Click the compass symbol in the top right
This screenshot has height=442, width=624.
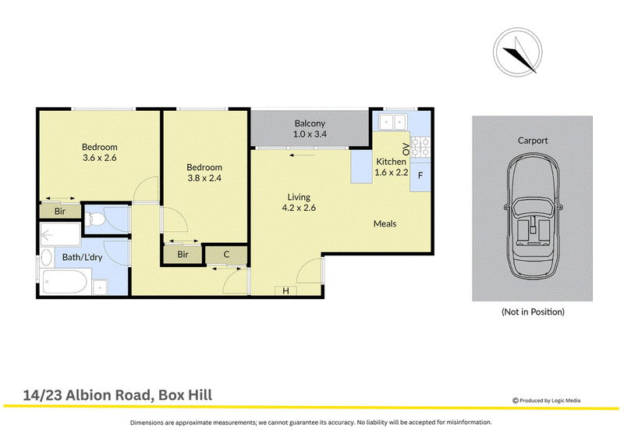[517, 52]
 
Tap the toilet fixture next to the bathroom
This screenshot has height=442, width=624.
[94, 219]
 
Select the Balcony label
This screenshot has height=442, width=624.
[310, 123]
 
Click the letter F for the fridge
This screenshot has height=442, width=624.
[420, 176]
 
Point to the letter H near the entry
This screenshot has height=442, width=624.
[285, 291]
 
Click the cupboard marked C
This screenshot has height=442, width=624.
[226, 255]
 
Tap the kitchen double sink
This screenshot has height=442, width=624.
[392, 122]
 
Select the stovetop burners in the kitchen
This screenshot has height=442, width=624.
[420, 147]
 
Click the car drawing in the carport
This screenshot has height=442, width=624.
[533, 216]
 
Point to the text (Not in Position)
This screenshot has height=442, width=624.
[533, 312]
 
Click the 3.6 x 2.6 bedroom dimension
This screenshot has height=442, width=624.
[100, 158]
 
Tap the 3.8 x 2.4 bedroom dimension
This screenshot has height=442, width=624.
[204, 178]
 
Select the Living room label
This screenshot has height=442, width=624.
[299, 198]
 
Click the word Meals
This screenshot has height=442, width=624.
[385, 223]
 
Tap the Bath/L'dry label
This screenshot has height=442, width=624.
[83, 258]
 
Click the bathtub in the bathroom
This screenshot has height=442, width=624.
[64, 281]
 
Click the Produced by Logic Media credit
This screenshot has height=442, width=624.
[547, 401]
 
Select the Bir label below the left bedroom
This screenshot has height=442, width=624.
[60, 211]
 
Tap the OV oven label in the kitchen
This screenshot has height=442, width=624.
[406, 149]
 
